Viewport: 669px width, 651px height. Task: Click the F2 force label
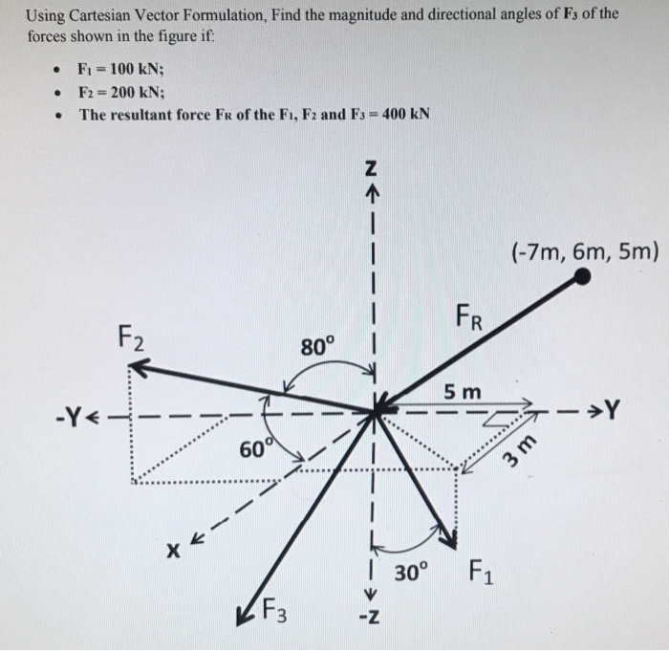(133, 336)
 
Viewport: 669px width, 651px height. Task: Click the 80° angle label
(317, 345)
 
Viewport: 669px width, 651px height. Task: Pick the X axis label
(173, 552)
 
